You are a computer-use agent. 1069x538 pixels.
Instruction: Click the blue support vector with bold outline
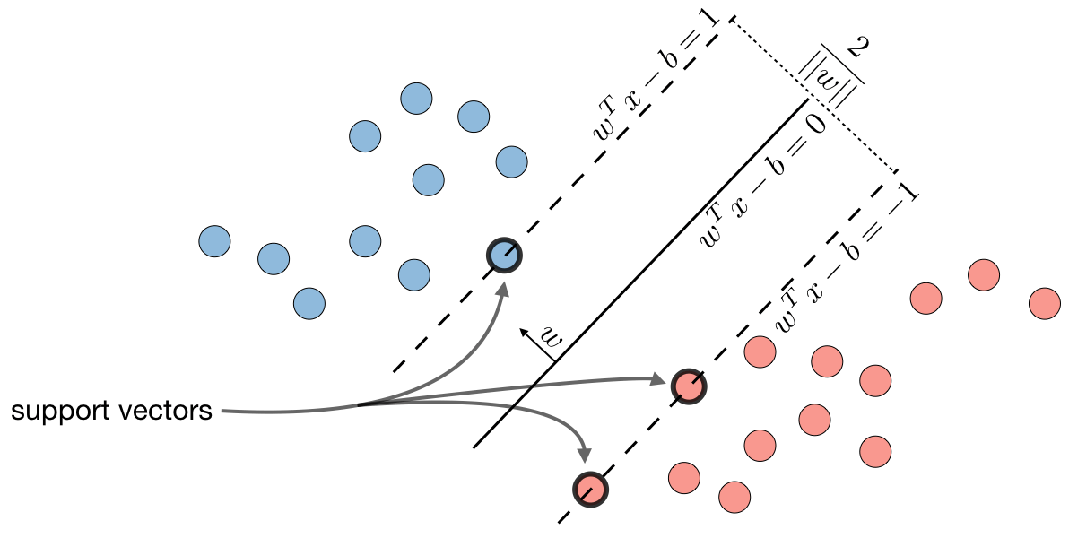[505, 256]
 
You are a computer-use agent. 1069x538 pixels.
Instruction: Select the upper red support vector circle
[689, 386]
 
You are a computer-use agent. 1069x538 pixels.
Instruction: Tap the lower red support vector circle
[590, 489]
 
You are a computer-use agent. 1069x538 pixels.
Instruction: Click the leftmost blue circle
[214, 241]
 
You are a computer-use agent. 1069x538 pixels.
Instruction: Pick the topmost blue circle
[416, 99]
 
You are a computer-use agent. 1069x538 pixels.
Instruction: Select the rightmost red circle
[1045, 303]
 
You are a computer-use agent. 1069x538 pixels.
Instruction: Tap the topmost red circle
[984, 275]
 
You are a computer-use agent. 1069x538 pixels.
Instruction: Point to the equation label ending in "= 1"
[656, 76]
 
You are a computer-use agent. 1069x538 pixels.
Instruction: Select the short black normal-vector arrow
[537, 344]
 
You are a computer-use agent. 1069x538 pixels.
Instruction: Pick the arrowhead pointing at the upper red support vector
[659, 378]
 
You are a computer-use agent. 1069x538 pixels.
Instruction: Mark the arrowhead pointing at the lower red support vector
[584, 454]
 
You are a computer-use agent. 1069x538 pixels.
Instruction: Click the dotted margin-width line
[813, 95]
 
